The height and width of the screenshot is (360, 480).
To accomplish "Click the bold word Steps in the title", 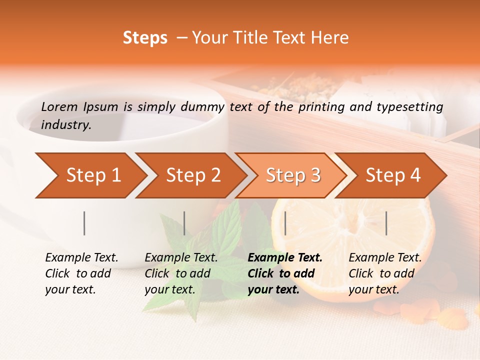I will click(145, 38).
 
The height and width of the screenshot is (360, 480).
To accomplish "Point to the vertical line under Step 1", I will click(84, 223).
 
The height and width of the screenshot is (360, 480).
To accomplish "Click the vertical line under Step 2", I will click(184, 223).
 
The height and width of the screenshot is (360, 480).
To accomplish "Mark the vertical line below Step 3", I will click(285, 223).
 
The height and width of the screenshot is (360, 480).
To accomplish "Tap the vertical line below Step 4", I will click(386, 223).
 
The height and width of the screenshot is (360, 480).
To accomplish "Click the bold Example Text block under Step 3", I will click(285, 273).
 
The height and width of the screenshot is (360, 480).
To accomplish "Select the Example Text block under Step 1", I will click(81, 273).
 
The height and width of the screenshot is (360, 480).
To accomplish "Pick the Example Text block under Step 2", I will click(181, 273).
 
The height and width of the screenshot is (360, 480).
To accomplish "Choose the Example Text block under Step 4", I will click(385, 273).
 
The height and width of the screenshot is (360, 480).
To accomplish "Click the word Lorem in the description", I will click(59, 106).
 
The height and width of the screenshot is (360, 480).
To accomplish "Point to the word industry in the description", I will click(66, 124).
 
